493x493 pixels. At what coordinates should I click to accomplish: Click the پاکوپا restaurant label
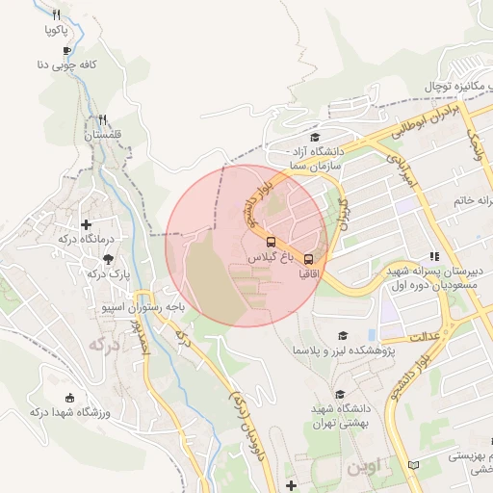[63, 30]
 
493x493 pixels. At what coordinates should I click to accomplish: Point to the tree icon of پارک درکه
[108, 259]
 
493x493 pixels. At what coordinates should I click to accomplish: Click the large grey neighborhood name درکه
[103, 343]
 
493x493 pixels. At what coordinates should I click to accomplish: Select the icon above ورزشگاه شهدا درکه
[68, 398]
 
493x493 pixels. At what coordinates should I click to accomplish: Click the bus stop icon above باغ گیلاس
[271, 243]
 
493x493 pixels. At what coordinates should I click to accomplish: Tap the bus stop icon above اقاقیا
[308, 259]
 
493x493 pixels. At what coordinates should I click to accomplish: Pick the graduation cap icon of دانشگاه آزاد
[313, 137]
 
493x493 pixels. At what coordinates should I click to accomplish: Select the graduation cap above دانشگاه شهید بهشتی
[339, 395]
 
